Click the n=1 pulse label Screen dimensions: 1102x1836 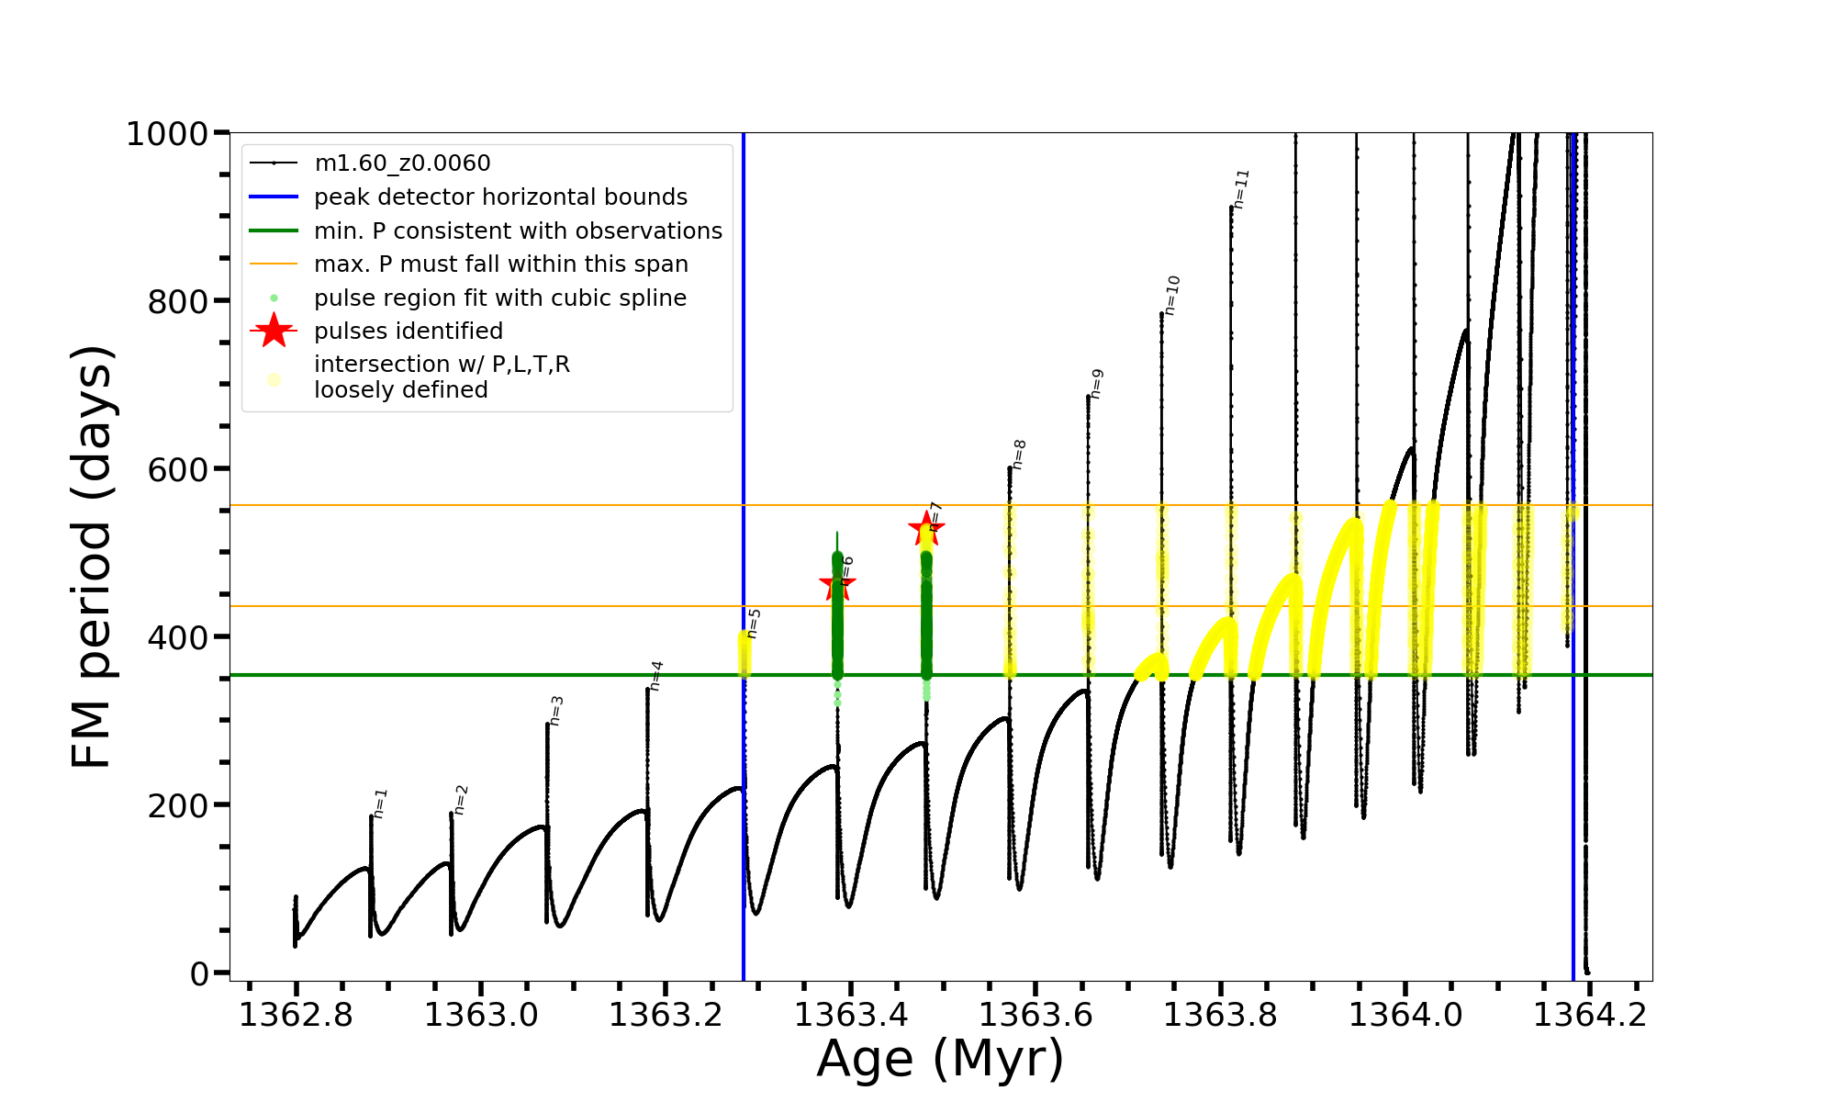pos(380,803)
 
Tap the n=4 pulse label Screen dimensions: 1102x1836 pos(655,675)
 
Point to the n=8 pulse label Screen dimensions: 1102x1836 pos(1019,454)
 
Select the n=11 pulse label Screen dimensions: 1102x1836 pos(1241,188)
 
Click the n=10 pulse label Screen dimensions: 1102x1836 pos(1171,295)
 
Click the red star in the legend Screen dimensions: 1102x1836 pos(274,331)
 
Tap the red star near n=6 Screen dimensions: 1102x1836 pos(837,584)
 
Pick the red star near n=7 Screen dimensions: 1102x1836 pos(926,528)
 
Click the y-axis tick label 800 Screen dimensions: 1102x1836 pos(177,301)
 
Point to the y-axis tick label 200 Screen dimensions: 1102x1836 pos(177,805)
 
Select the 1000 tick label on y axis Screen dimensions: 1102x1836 pos(167,134)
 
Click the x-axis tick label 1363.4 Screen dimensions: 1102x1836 pos(851,1015)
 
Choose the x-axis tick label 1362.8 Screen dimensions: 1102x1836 pos(296,1015)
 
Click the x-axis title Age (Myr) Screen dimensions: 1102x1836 pos(940,1059)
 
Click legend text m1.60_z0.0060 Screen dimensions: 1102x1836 pos(402,163)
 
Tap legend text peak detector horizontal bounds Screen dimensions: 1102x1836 pos(500,197)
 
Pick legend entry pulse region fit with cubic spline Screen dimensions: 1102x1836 pos(499,298)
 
